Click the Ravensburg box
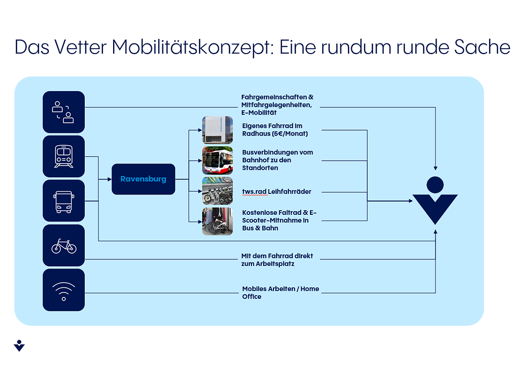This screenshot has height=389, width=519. click(x=143, y=179)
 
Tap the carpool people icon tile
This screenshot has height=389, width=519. click(x=64, y=112)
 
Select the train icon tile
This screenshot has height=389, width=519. click(x=64, y=156)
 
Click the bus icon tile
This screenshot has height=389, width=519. click(x=64, y=201)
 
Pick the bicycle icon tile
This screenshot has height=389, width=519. click(x=64, y=245)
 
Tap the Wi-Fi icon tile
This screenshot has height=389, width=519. click(x=64, y=290)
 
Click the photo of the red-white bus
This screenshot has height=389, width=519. click(x=217, y=160)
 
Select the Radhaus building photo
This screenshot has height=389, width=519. click(x=217, y=130)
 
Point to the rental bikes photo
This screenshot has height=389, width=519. click(x=217, y=191)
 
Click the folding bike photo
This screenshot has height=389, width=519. click(x=217, y=221)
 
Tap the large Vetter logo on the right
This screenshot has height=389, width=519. click(x=435, y=201)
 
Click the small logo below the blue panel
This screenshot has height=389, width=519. click(x=19, y=345)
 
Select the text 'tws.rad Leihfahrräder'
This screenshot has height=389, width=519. click(x=277, y=191)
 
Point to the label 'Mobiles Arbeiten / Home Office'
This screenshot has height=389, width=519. click(x=280, y=293)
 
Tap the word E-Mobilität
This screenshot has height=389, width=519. click(x=258, y=113)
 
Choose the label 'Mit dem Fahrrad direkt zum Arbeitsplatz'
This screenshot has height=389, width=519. click(x=277, y=260)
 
